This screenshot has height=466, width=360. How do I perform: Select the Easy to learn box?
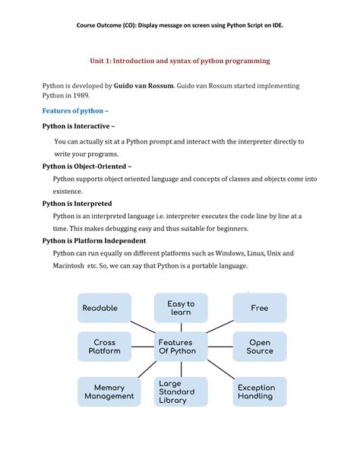point(180,308)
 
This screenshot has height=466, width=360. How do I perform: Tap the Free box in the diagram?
point(259,308)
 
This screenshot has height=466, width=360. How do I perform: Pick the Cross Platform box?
point(104,347)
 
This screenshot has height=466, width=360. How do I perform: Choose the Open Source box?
point(259,347)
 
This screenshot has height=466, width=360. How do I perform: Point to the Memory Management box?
point(109,392)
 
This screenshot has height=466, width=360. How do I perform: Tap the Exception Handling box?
point(256,392)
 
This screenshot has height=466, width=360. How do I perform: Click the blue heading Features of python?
point(70,110)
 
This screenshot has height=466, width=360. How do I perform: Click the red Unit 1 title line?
point(180,59)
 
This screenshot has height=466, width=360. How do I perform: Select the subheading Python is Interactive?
point(79,125)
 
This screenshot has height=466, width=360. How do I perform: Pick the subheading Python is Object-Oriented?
point(87,165)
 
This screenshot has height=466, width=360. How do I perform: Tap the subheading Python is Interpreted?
point(77,204)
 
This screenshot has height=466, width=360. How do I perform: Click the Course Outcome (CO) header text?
point(180,25)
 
